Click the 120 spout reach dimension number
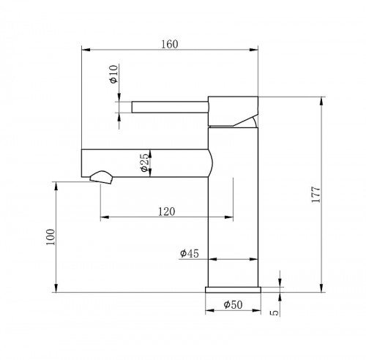(x=167, y=211)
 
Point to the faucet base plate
(x=234, y=289)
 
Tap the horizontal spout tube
(x=146, y=162)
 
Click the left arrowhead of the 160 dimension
(x=83, y=50)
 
